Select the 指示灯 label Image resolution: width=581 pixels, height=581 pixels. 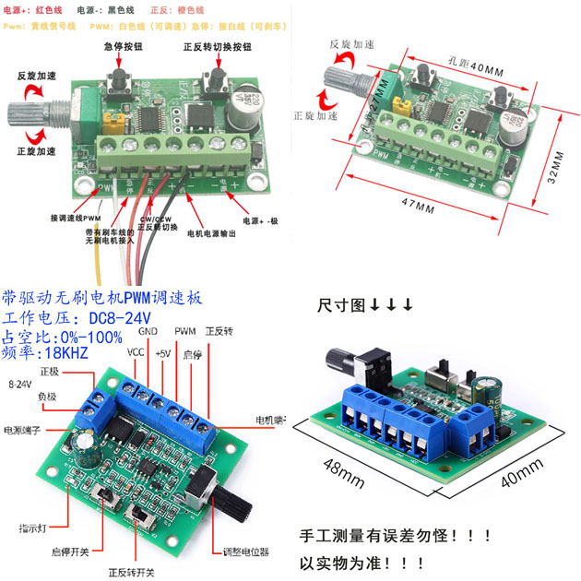pyautogui.click(x=34, y=528)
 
